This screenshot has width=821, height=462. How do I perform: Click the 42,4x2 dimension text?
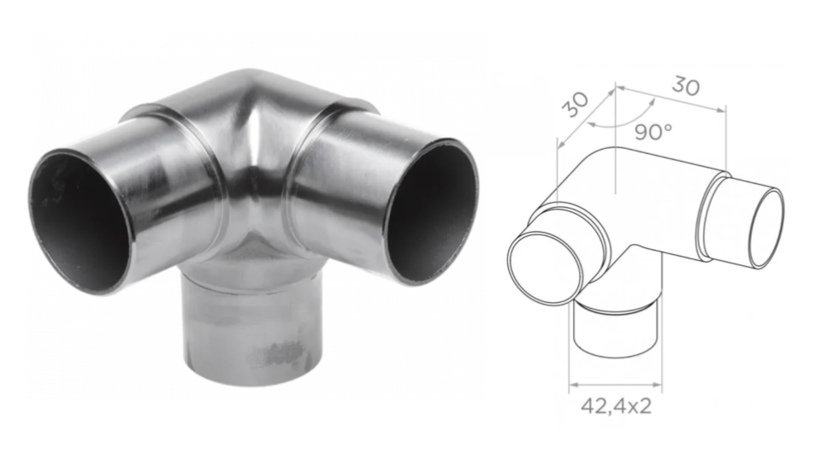[x=616, y=406]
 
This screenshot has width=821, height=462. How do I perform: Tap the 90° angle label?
[x=654, y=132]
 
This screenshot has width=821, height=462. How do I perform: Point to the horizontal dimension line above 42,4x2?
[x=615, y=383]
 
